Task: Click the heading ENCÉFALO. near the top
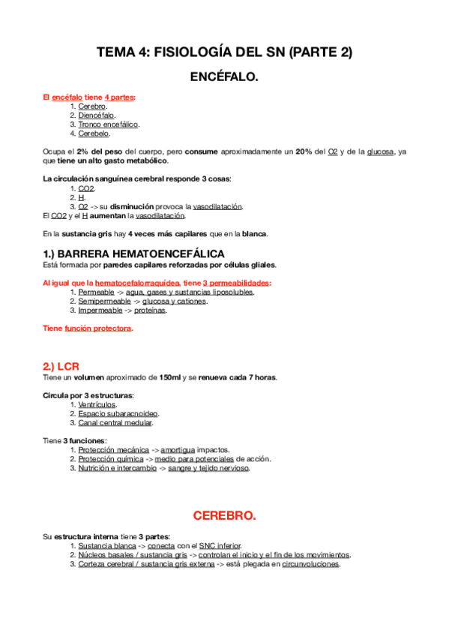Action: (224, 76)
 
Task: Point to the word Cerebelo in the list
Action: (94, 133)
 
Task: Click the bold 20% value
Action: (304, 151)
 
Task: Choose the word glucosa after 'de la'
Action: (380, 151)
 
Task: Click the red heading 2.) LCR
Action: (61, 366)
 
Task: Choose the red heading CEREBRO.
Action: (224, 516)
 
